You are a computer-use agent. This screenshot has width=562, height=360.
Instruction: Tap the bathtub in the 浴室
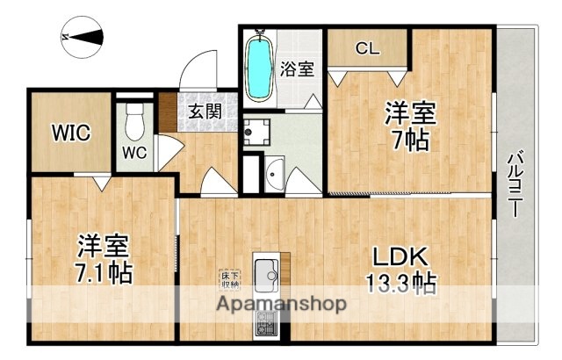[260, 67]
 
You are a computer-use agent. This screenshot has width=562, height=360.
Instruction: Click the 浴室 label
[297, 68]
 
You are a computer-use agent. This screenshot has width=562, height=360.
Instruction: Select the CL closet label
[368, 49]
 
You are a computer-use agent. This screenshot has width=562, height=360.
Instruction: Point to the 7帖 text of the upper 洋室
[408, 139]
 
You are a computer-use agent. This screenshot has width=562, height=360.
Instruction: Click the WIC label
[70, 133]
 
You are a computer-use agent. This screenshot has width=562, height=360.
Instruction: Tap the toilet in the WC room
[134, 122]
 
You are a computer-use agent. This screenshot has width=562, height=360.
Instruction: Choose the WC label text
[134, 151]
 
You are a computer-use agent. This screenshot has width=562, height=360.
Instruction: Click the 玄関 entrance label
[205, 112]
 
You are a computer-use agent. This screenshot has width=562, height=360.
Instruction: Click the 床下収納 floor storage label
[230, 278]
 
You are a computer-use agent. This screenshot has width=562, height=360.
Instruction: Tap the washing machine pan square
[257, 132]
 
